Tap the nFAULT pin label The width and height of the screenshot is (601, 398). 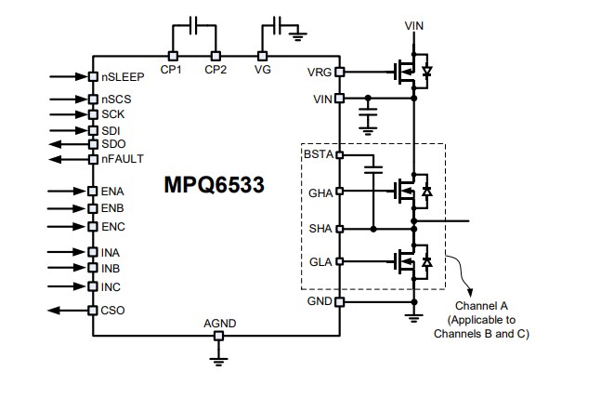point(123,159)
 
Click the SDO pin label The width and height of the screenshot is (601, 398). point(113,144)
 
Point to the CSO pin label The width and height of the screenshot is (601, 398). point(113,311)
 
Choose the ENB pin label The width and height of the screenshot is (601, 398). point(112,208)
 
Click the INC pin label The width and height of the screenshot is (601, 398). point(111,286)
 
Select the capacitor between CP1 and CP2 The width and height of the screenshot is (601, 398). point(192,26)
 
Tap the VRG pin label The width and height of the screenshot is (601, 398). point(319,72)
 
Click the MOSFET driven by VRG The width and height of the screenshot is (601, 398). point(404,72)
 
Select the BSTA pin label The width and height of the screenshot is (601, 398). point(318,153)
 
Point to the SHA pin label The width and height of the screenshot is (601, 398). point(320,228)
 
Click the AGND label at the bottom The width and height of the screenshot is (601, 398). point(219,324)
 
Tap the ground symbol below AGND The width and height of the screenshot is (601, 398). point(219,358)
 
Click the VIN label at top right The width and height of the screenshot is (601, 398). point(414,25)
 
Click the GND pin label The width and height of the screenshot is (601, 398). point(319,301)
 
